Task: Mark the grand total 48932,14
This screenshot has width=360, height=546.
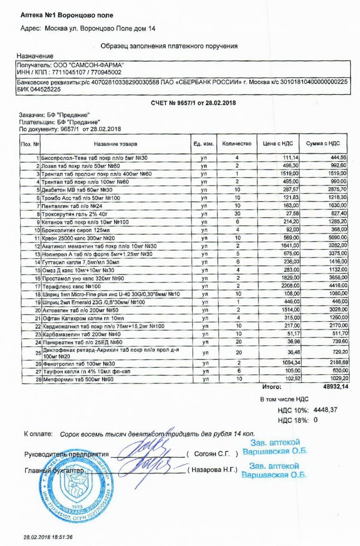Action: pos(335,387)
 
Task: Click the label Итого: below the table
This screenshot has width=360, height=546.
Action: pos(271,387)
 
